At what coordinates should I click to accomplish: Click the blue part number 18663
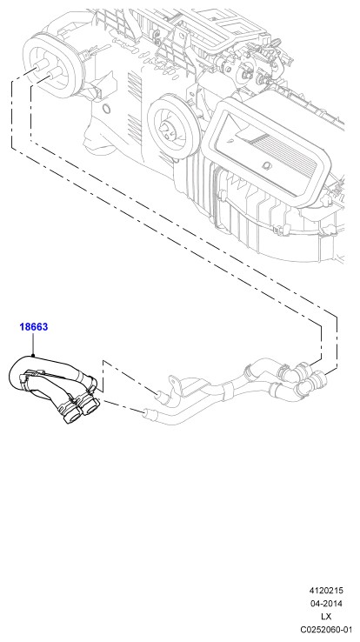[x=34, y=327]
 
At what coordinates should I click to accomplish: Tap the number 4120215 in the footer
[x=326, y=591]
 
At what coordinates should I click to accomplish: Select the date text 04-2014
[x=326, y=604]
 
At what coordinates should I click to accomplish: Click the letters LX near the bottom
[x=326, y=617]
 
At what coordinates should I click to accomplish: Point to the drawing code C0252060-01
[x=326, y=629]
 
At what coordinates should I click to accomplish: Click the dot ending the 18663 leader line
[x=33, y=356]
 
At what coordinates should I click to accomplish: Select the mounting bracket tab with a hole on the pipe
[x=175, y=381]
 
